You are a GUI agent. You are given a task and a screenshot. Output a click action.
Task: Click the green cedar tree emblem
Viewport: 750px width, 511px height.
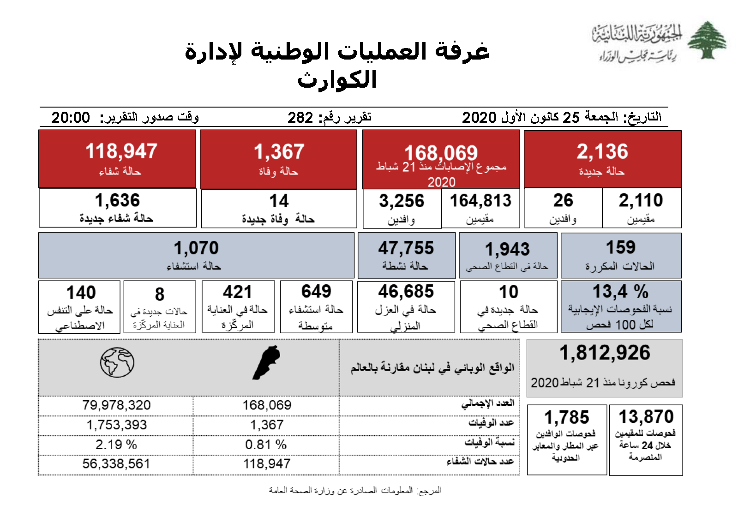point(706,40)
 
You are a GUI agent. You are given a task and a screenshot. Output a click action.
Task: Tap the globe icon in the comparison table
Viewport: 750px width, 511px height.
point(117,363)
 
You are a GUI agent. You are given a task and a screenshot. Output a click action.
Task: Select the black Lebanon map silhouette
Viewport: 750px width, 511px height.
point(266,363)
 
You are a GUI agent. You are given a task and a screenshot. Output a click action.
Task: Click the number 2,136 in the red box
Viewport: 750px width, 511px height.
point(602,151)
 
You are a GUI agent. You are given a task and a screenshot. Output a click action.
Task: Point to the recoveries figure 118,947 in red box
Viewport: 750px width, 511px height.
point(121,151)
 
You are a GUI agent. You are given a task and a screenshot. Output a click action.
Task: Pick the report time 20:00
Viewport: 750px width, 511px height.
point(71,117)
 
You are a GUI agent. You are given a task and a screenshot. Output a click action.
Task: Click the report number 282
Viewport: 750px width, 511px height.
point(300,117)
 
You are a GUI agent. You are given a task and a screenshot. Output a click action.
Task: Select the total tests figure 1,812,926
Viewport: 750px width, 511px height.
point(605,353)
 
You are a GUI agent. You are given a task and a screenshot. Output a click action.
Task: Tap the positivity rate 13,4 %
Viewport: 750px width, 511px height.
point(620,292)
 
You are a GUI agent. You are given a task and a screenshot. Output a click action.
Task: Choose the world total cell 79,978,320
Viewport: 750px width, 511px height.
point(116,405)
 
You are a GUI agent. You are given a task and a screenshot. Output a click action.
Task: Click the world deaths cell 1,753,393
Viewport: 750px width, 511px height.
point(116,425)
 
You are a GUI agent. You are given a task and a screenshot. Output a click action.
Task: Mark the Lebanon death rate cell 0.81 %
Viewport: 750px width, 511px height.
point(266,445)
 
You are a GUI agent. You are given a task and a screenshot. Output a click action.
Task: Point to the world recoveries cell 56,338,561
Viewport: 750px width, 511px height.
point(116,463)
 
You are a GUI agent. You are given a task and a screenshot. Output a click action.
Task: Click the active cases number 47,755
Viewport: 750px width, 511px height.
point(406,248)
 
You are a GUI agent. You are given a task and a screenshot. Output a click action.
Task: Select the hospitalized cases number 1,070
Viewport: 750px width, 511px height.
point(196,248)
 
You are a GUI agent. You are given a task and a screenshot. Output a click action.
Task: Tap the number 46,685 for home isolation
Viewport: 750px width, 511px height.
point(406,292)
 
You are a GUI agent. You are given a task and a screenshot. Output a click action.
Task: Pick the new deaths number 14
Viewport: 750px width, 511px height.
point(279,201)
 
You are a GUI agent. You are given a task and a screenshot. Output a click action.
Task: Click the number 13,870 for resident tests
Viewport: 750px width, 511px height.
point(646,417)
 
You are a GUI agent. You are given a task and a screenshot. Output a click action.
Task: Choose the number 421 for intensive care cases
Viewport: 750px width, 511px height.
point(237,292)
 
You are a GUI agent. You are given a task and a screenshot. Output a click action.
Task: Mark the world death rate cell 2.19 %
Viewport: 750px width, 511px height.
point(116,445)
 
